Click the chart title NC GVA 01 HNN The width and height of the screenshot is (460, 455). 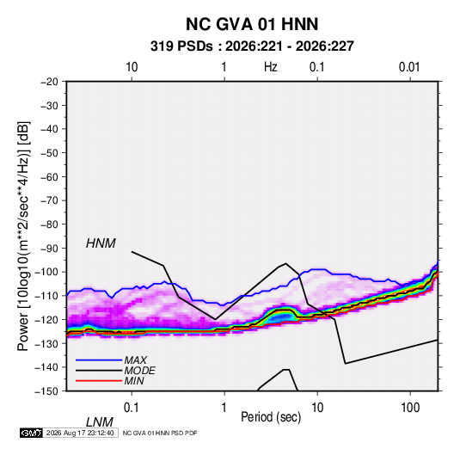pos(252,24)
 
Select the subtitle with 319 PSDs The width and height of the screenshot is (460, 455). pos(252,46)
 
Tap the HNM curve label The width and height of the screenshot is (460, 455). pos(101,243)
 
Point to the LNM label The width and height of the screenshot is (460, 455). pos(99,422)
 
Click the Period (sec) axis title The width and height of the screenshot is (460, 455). pos(271,417)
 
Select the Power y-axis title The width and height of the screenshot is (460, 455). pos(23,236)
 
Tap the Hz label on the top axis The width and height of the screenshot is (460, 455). pos(271,67)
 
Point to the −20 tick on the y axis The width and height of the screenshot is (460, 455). pos(49,82)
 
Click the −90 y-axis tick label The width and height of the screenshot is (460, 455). pos(49,249)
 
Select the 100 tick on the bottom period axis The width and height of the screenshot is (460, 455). pos(410,408)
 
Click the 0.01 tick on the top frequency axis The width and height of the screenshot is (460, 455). pos(409,67)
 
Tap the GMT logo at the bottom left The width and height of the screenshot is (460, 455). pos(31,433)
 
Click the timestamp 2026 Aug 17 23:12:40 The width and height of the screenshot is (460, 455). pos(80,433)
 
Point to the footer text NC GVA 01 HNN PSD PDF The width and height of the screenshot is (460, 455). pos(160,433)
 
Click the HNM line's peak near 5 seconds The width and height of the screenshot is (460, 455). pos(285,263)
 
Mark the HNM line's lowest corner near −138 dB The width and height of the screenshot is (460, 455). pos(346,364)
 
